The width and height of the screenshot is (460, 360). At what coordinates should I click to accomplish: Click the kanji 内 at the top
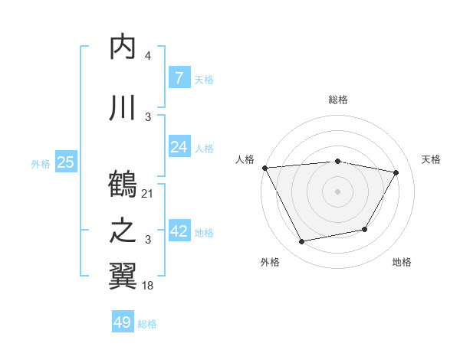tap(123, 47)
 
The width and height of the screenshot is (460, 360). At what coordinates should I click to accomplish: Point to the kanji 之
tap(123, 231)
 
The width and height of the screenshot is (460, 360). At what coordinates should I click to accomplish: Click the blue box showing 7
tap(179, 78)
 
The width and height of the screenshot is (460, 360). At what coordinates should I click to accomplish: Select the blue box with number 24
tap(179, 147)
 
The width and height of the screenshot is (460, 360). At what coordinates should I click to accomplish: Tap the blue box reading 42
tap(179, 232)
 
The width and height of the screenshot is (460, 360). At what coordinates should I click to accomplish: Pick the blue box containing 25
tap(66, 162)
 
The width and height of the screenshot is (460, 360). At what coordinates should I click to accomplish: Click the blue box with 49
tap(123, 322)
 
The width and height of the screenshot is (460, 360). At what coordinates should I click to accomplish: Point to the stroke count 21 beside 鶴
tap(148, 193)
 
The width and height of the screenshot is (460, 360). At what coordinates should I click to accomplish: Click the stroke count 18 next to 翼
tap(148, 285)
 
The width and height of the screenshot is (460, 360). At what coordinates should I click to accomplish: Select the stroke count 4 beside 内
tap(148, 56)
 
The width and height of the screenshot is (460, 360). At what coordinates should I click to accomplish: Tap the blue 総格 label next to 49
tap(147, 324)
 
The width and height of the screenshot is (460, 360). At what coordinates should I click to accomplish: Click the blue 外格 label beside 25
tap(41, 163)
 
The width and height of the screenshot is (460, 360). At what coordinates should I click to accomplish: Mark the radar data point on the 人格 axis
tap(264, 168)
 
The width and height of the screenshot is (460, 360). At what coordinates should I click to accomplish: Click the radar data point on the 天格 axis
tap(396, 173)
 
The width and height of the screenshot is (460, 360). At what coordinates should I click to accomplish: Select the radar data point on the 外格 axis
tap(302, 242)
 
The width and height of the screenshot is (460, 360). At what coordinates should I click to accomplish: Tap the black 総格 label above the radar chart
tap(337, 100)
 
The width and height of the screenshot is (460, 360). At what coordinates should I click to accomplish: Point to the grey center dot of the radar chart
tap(337, 191)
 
